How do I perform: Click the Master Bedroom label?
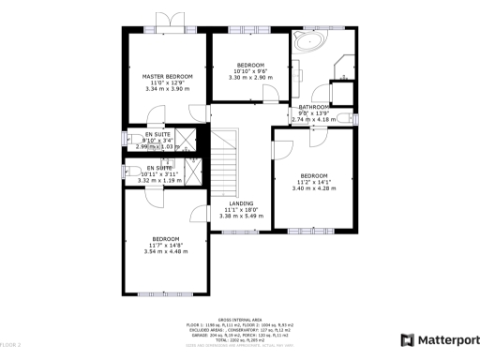click(167, 76)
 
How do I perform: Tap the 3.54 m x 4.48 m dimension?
click(166, 251)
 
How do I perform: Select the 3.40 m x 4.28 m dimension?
click(313, 189)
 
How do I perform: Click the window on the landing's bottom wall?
click(241, 232)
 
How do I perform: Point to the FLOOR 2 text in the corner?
click(11, 346)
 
